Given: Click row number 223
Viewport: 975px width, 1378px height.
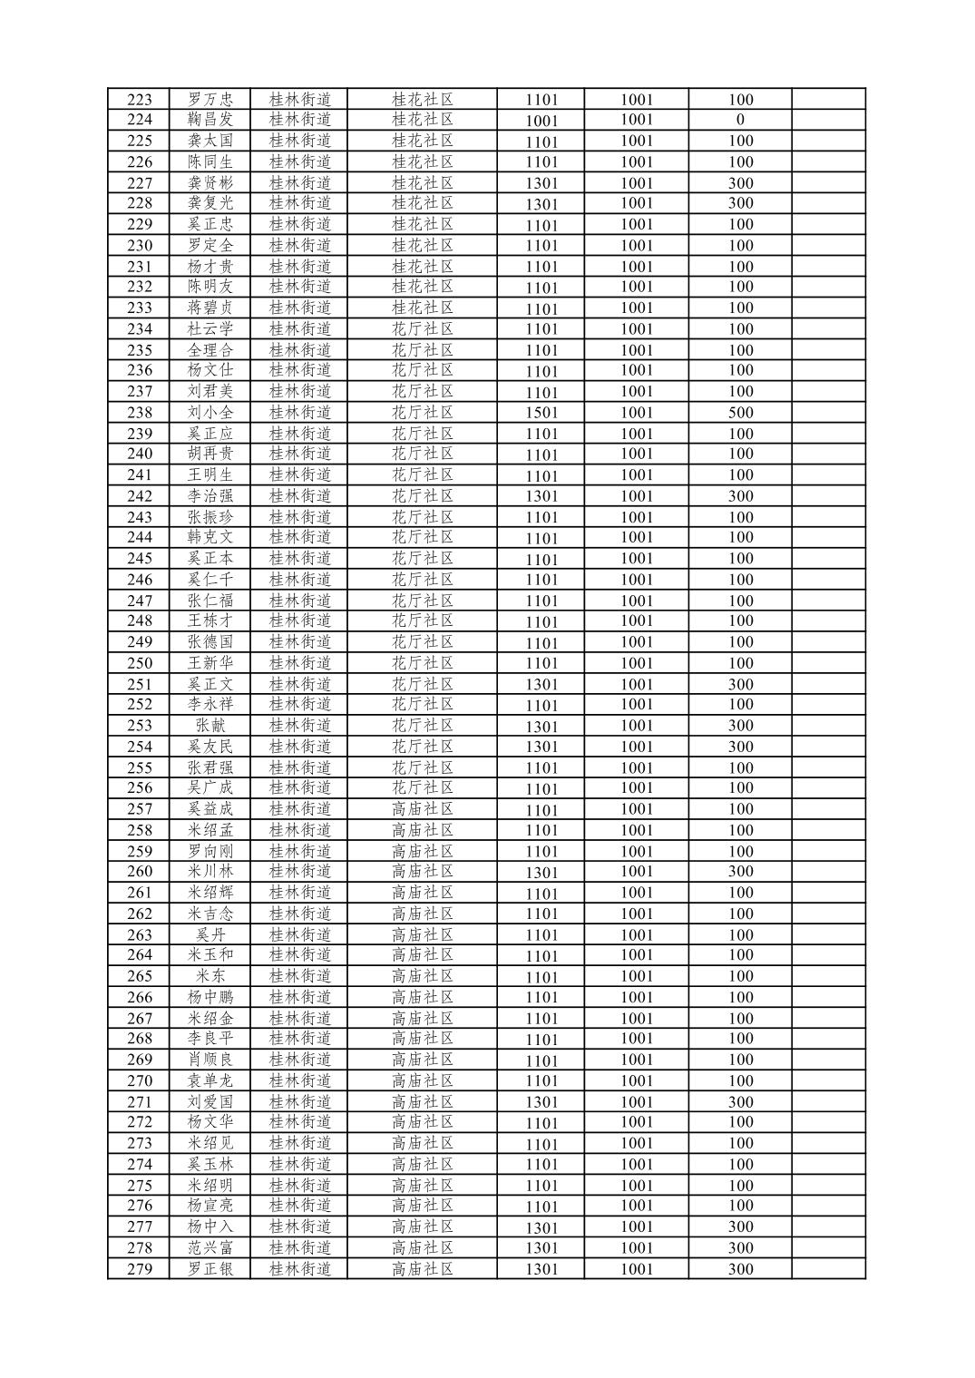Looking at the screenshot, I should coord(139,100).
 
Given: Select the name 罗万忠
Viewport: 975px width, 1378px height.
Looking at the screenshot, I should coord(210,100).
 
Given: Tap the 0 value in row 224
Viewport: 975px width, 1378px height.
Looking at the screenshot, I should coord(740,120).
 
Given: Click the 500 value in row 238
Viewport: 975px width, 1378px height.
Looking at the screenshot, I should coord(740,413).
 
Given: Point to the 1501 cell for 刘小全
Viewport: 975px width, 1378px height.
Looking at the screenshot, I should coord(541,413).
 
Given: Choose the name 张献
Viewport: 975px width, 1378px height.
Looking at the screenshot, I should coord(210,726).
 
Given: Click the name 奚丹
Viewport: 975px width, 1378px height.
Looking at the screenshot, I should coord(210,934).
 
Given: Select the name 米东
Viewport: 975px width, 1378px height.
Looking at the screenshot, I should coord(210,976).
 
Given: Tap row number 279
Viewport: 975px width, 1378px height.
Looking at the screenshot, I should coord(139,1269).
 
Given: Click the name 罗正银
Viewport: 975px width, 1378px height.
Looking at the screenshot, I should coord(210,1269).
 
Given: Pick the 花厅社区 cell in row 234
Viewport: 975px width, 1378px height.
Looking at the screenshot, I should coord(422,329).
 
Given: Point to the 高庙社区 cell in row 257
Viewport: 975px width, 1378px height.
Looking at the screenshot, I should coord(422,809).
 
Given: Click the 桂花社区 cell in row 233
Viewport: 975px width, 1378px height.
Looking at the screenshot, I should coord(422,308).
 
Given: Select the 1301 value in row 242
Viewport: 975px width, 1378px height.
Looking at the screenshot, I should coord(541,496).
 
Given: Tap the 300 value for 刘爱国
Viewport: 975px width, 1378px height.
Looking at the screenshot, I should coord(740,1102).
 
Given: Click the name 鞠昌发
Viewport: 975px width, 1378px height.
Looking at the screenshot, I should coord(210,120).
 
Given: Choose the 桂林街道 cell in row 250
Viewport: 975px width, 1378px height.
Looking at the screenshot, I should coord(300,663).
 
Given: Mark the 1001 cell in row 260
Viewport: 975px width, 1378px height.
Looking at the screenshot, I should coord(637,872).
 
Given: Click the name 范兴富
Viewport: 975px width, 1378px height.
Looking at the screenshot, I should coord(210,1248).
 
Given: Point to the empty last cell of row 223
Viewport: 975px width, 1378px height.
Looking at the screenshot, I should coord(828,100).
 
